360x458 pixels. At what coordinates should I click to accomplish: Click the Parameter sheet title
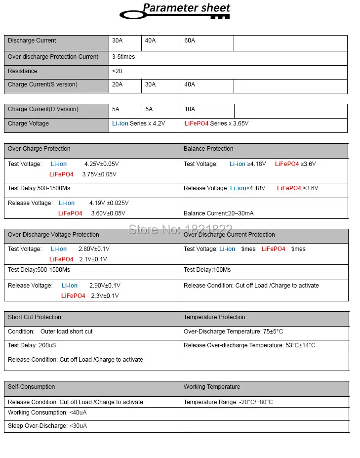186,8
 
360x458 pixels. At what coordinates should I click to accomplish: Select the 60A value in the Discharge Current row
190,41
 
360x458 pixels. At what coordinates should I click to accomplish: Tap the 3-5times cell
123,57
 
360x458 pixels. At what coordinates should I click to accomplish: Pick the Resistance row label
23,71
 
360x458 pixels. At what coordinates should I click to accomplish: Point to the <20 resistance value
117,71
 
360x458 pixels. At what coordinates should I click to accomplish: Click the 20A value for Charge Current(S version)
118,84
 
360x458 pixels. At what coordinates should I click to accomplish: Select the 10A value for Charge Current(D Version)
190,109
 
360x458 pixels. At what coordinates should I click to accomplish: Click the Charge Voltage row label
28,124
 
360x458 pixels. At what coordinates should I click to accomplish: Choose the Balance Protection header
208,149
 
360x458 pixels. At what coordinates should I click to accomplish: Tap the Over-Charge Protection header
39,149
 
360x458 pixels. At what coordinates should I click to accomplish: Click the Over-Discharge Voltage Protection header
53,235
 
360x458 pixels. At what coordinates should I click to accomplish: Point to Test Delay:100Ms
207,270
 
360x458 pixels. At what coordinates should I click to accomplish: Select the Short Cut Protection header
35,317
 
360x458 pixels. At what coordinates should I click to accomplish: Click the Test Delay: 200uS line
32,345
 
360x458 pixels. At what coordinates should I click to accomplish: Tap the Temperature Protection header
214,317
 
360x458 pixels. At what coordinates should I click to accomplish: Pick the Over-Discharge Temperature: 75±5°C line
233,332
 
